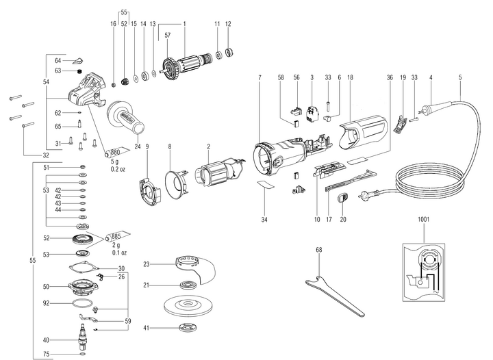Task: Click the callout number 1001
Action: point(425,221)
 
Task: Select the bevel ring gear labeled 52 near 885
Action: point(86,241)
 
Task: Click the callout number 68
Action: point(318,249)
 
